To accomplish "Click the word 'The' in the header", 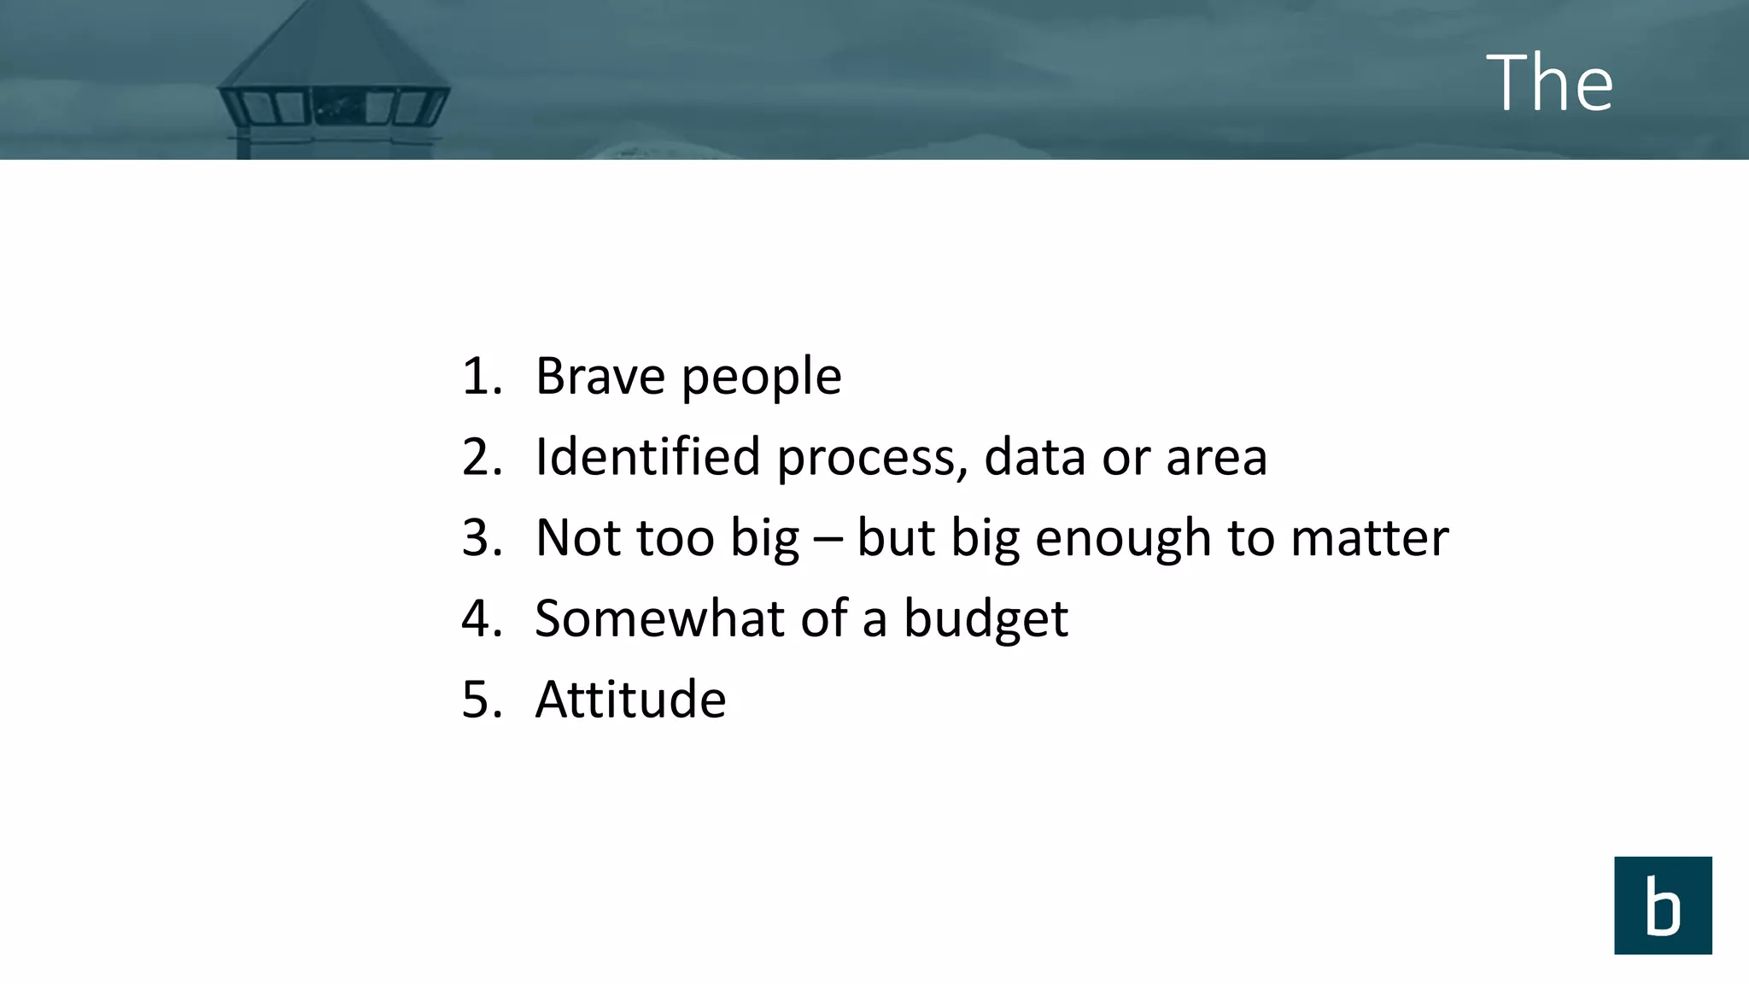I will click(1549, 82).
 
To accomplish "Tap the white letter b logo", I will click(1662, 905).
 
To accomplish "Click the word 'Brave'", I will click(600, 376).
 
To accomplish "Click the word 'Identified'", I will click(646, 456).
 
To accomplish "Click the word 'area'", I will click(1216, 458).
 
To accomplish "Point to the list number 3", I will click(481, 537).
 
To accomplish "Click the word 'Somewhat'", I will click(659, 618).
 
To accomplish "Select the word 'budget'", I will click(985, 619).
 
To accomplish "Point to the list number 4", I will click(481, 618).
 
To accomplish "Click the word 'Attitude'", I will click(630, 699).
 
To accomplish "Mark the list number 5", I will click(481, 699).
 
